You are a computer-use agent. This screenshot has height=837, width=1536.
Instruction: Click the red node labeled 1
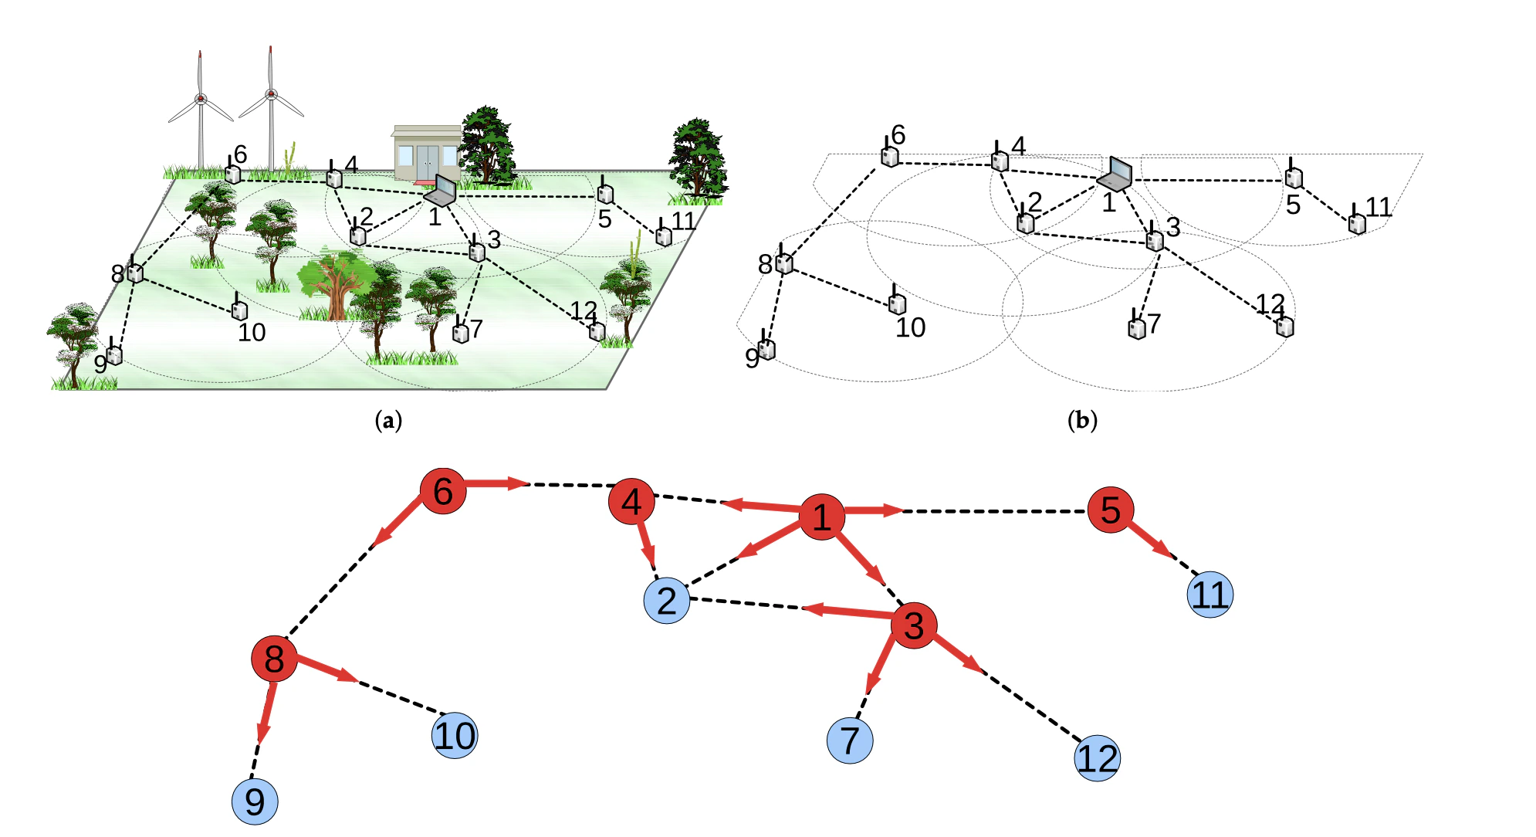click(x=821, y=517)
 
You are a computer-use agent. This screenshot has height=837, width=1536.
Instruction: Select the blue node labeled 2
click(x=666, y=600)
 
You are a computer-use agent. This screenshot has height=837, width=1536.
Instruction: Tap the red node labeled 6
click(x=443, y=491)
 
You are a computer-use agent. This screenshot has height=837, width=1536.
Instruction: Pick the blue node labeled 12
click(x=1097, y=757)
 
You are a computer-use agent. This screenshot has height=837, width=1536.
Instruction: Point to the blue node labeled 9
click(x=255, y=801)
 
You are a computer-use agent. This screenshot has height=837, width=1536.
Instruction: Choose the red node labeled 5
click(x=1110, y=510)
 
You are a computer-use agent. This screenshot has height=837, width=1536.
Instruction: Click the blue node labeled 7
click(x=850, y=740)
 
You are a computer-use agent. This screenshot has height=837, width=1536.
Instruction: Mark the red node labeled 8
click(x=274, y=659)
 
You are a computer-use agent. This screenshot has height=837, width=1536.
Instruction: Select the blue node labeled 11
click(x=1210, y=595)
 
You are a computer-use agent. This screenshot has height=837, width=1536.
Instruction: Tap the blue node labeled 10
click(x=455, y=735)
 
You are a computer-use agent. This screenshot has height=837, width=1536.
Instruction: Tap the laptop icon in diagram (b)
click(x=1115, y=175)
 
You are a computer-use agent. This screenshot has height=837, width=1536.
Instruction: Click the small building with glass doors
click(x=426, y=154)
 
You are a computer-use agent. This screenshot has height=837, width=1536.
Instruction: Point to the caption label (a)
click(x=388, y=421)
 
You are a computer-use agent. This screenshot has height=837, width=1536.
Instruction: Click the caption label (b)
click(x=1081, y=421)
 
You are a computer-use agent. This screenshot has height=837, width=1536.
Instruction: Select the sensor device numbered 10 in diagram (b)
click(x=897, y=301)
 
